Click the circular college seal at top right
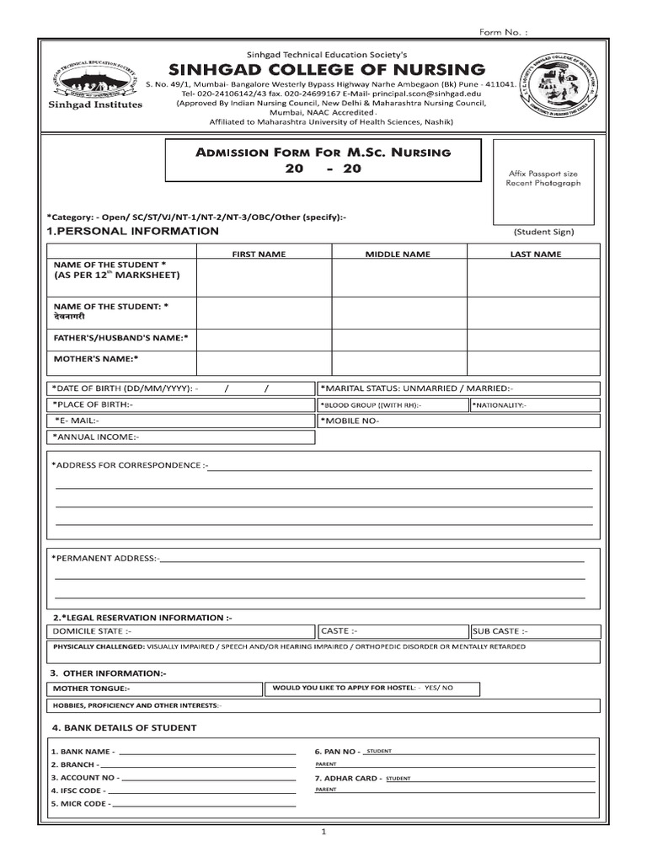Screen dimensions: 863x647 (558, 86)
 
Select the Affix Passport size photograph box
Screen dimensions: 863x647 (543, 179)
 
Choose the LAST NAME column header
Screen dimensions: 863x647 (535, 254)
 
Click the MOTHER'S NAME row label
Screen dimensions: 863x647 (96, 358)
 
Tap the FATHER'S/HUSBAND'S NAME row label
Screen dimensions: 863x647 (121, 337)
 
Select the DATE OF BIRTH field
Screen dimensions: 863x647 (181, 389)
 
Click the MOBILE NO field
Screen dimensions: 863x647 (458, 421)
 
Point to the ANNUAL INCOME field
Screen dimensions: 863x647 (181, 437)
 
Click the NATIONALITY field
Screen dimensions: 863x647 (534, 405)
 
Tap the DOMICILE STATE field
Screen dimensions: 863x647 (181, 631)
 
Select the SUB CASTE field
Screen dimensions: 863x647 (534, 631)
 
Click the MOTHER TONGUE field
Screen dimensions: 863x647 (153, 689)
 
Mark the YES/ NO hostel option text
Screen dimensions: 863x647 (438, 688)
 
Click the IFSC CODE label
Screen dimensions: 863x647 (77, 791)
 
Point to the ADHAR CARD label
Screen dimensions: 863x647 (347, 778)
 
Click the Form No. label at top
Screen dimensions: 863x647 (504, 32)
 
